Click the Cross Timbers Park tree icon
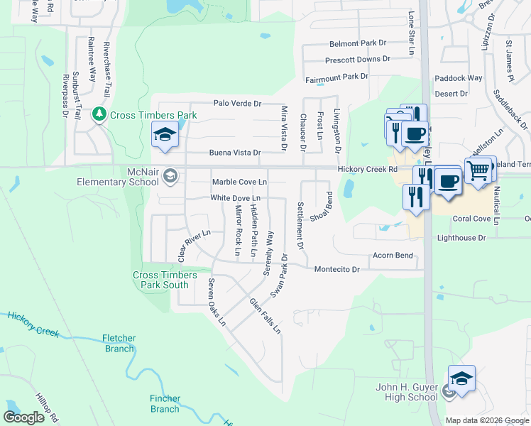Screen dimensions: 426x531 click(x=99, y=114)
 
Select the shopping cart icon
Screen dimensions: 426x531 click(x=479, y=170)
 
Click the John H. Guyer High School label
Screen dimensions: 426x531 click(x=407, y=392)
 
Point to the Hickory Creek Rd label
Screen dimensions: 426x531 click(x=366, y=169)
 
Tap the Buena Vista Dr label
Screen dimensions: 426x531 click(x=235, y=153)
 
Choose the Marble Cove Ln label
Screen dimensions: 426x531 click(x=239, y=182)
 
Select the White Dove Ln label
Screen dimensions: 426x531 click(x=235, y=198)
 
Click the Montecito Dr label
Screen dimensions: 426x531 click(x=337, y=270)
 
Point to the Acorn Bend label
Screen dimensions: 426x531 click(x=393, y=255)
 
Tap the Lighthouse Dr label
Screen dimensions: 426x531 click(x=461, y=238)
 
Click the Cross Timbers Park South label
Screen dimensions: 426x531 click(x=161, y=280)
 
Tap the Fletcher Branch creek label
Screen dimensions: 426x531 click(x=119, y=344)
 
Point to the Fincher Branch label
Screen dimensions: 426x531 click(x=165, y=403)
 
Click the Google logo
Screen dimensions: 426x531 click(x=24, y=417)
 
